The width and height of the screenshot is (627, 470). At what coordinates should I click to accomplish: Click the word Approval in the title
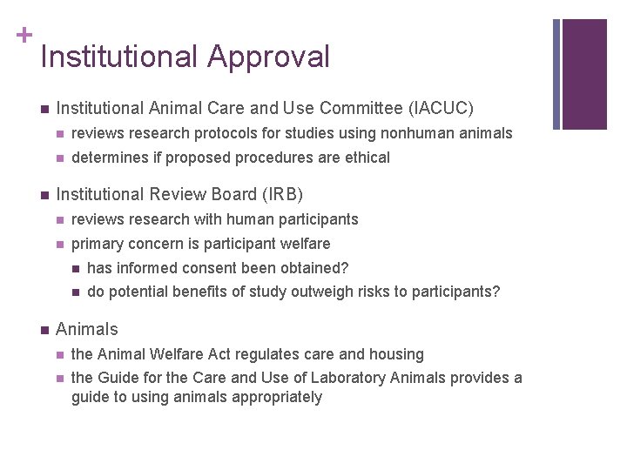click(268, 57)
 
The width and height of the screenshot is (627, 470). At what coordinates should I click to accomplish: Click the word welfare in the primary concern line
click(304, 244)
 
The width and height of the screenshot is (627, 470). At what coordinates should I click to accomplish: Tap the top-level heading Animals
click(86, 329)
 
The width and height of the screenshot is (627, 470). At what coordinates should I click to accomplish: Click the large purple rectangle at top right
click(584, 74)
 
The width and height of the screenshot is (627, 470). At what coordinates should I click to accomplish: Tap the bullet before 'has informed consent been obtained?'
click(76, 268)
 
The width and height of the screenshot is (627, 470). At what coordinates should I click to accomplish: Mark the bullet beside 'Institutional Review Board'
click(44, 195)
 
